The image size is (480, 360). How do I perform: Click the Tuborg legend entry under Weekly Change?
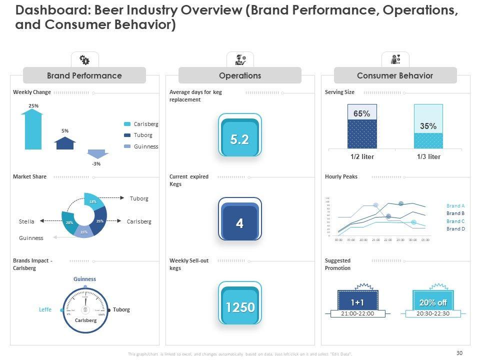[x=143, y=135]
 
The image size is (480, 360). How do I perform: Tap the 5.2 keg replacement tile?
[x=240, y=140]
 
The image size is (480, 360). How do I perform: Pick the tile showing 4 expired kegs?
[x=240, y=223]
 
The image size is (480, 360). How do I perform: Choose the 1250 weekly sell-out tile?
[x=240, y=307]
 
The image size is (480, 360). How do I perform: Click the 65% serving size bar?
[x=362, y=126]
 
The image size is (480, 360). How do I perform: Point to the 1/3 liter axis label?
[x=428, y=156]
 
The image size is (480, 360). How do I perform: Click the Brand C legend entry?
[x=455, y=221]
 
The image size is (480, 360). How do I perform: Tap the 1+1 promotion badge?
[x=357, y=302]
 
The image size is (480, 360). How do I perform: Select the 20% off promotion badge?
[x=433, y=302]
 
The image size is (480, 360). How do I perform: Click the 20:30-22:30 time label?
[x=433, y=313]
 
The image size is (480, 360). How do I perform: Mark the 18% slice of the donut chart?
[x=93, y=201]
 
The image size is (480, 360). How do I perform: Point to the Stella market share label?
[x=27, y=221]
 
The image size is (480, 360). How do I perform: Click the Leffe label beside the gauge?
[x=45, y=309]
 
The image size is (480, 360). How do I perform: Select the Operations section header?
[x=240, y=75]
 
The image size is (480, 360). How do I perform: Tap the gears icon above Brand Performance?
[x=84, y=60]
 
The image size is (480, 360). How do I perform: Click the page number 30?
[x=459, y=352]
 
